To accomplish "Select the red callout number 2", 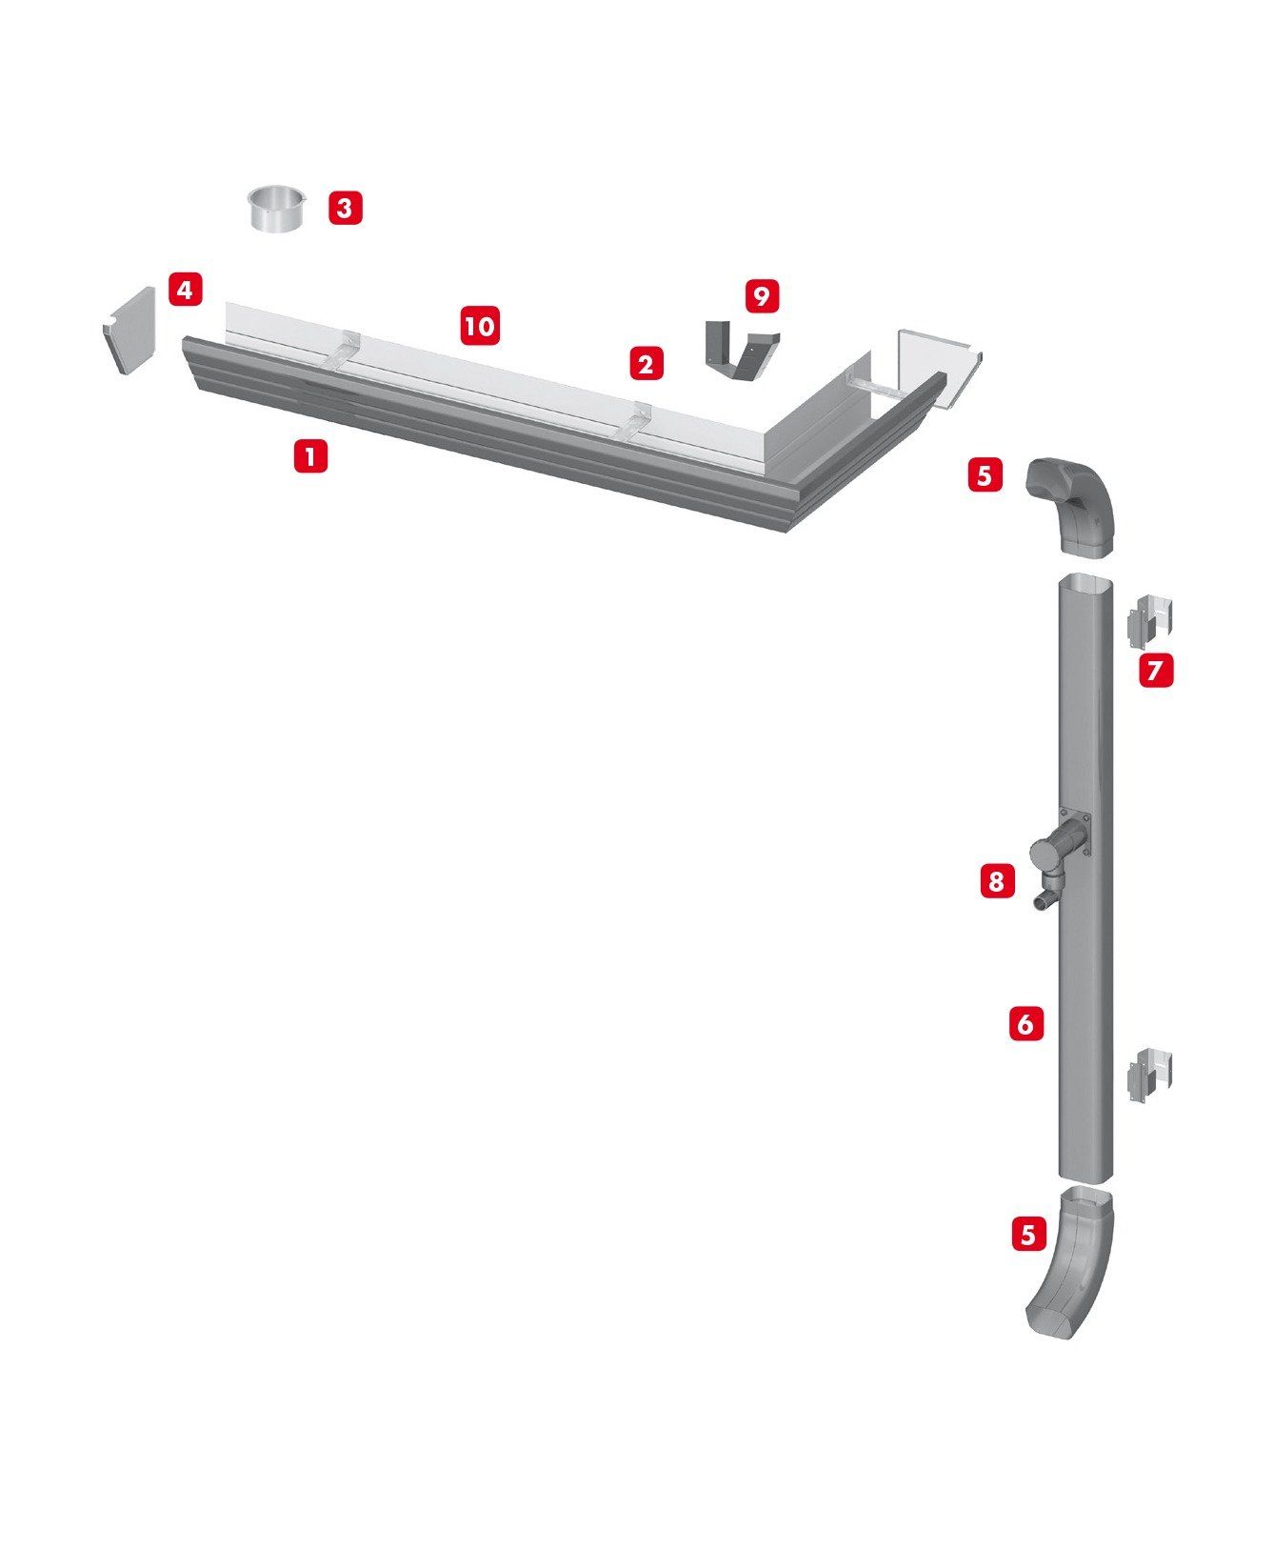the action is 646,363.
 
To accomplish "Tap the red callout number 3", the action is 346,207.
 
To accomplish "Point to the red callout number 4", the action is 186,289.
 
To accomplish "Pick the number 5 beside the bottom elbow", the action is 1028,1235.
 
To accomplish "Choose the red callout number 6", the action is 1025,1024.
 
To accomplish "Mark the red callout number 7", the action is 1156,671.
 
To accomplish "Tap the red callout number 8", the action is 996,881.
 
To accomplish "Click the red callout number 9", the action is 761,295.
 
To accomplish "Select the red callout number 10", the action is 481,326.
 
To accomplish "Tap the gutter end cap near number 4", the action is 129,330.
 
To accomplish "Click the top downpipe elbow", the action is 1070,506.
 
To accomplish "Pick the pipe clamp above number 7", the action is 1149,618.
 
